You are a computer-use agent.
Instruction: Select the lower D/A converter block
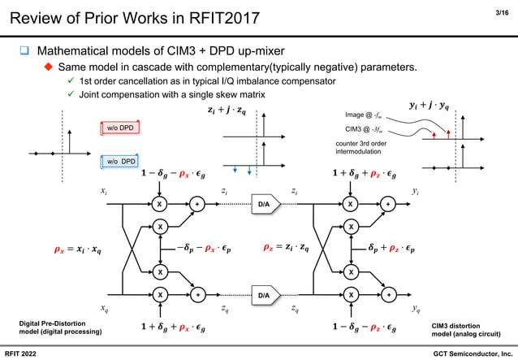pos(265,295)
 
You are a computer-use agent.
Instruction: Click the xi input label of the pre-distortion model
pos(103,192)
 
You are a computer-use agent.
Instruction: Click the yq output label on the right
pos(416,308)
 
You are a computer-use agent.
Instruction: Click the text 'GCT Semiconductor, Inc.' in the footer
pos(473,352)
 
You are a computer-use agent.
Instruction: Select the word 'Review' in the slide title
pos(33,16)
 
